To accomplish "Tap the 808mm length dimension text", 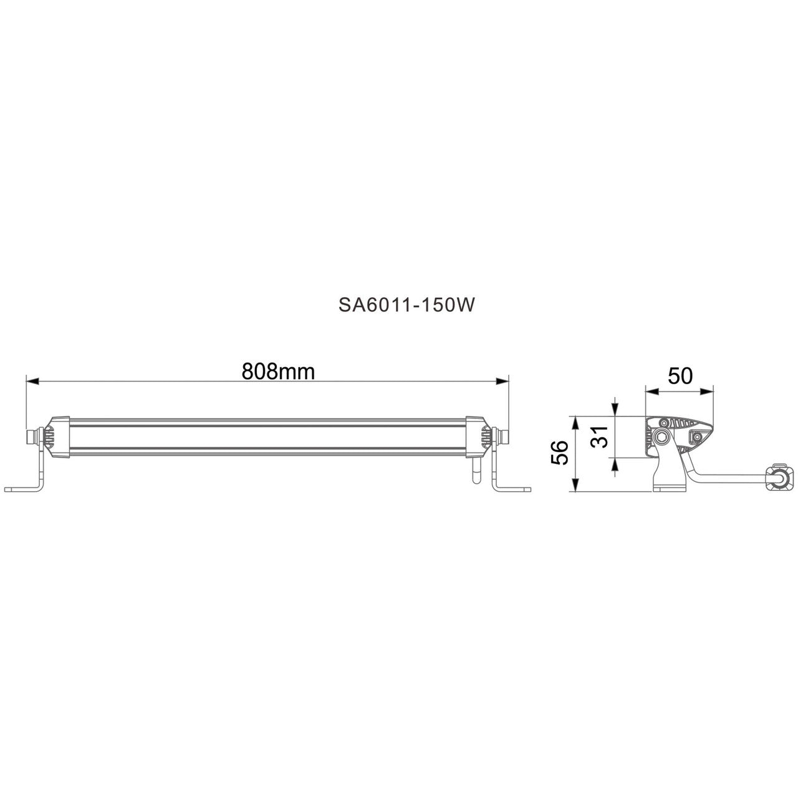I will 278,372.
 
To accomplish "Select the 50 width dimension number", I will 680,376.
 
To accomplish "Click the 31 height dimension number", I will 599,439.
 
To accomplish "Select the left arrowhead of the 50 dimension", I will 650,392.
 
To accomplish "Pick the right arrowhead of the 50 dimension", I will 708,392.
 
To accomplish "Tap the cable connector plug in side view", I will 778,478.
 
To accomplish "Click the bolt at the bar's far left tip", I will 31,437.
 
